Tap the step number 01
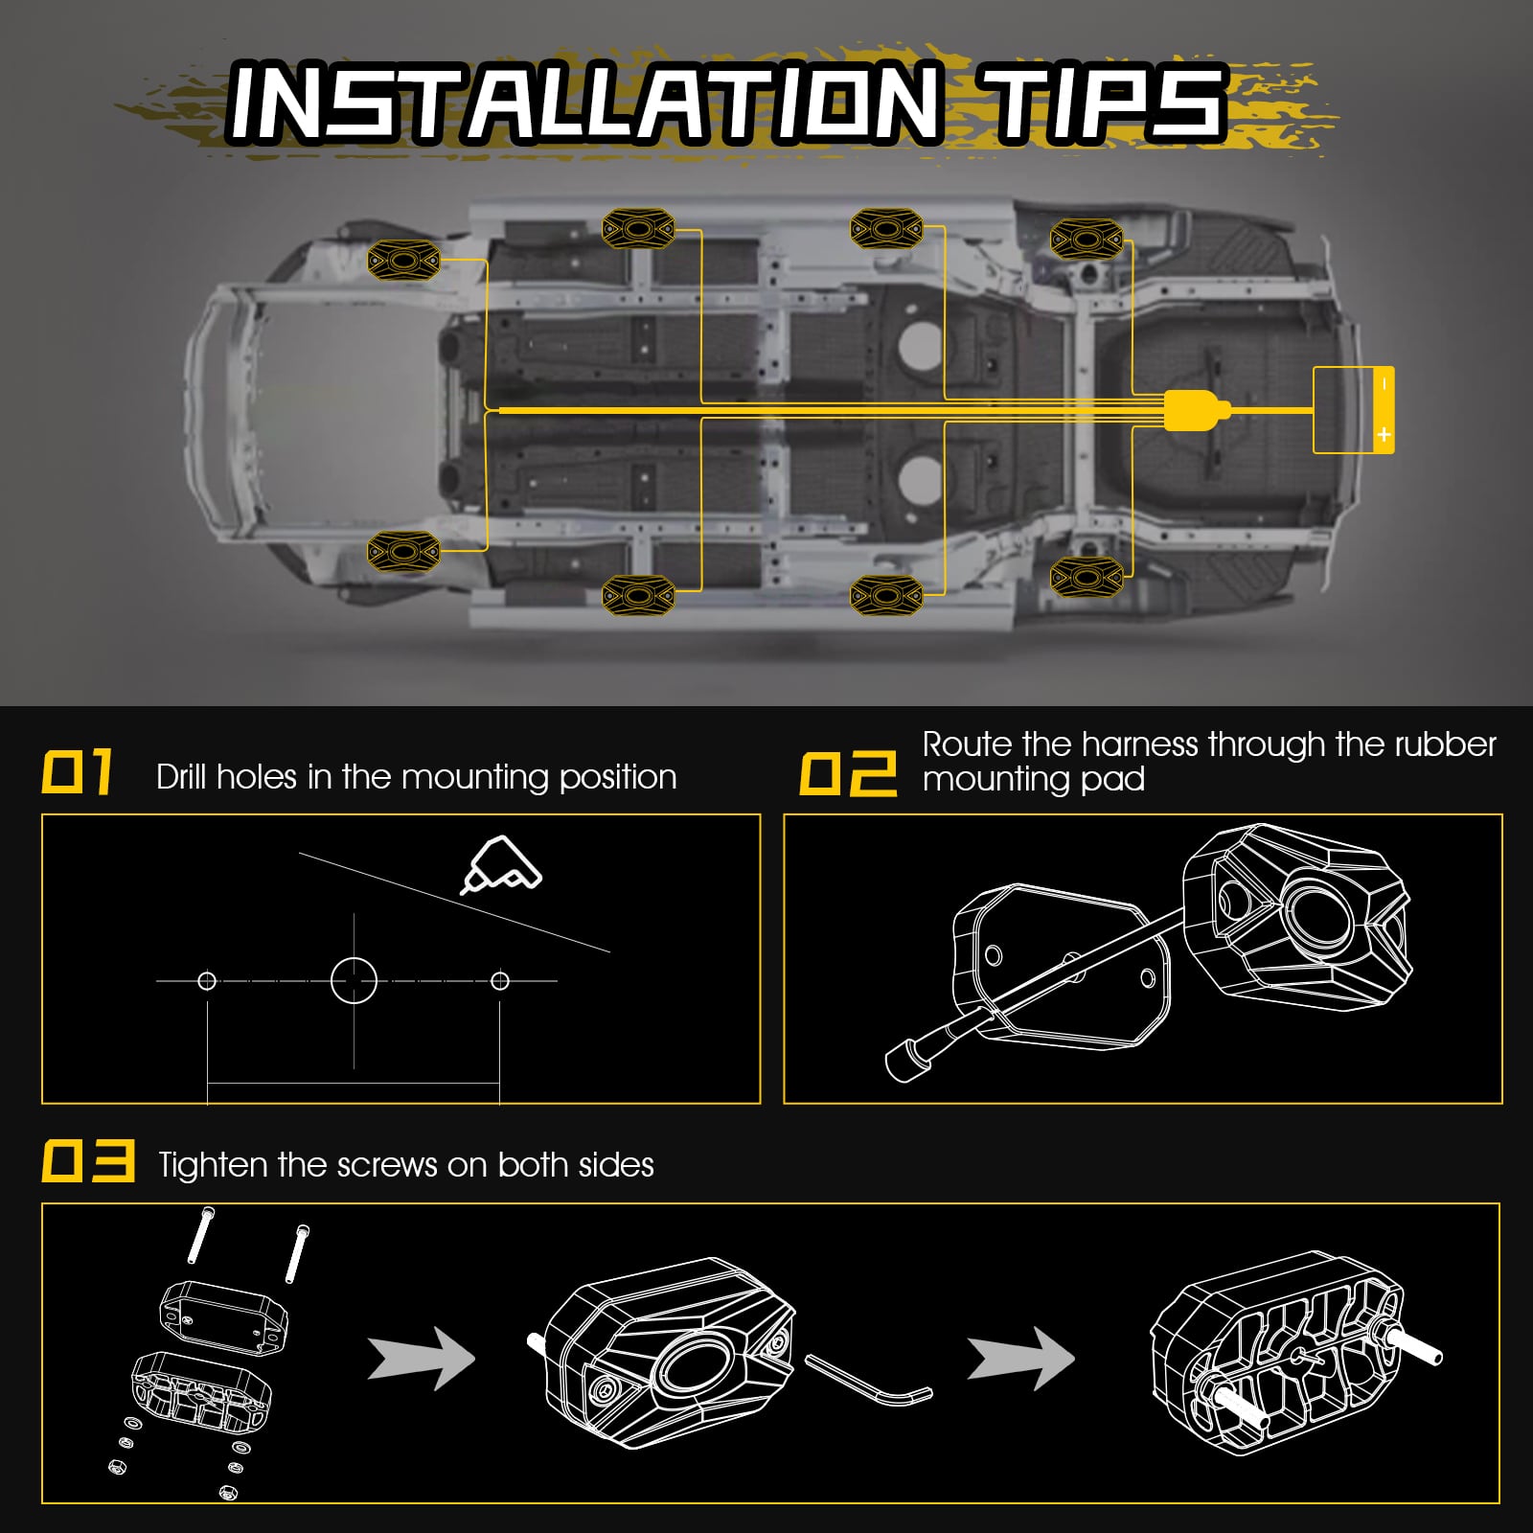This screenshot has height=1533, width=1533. pos(78,773)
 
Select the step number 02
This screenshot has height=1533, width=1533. pos(848,773)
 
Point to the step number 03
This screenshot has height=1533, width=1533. pos(87,1161)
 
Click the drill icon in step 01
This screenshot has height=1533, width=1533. pos(502,864)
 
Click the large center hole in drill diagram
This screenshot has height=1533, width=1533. pos(354,981)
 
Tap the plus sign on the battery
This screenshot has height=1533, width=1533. pos(1383,435)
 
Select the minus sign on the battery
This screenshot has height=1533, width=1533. pos(1383,384)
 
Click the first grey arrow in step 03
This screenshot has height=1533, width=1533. pos(422,1358)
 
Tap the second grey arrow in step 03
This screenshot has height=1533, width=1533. pos(1020,1358)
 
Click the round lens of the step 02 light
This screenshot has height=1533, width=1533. pos(1317,918)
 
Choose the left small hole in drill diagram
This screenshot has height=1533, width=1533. pos(207,981)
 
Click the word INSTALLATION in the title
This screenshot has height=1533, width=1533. pos(583,103)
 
